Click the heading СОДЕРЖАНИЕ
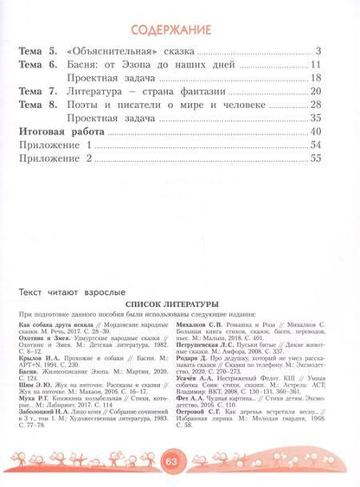pos(179,23)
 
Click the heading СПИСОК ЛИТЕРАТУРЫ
pos(180,304)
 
